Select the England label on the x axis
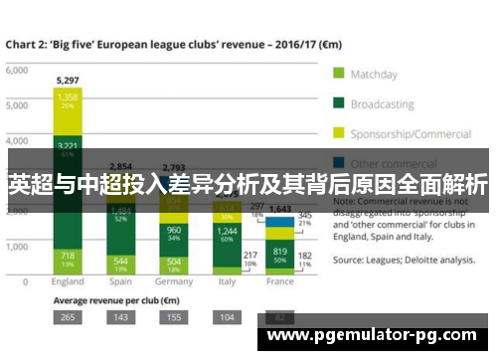pos(68,281)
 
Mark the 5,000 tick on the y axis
pos(16,107)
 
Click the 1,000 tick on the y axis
pos(16,245)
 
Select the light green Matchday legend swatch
pos(338,74)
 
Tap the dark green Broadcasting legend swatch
pos(338,101)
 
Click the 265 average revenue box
pos(68,316)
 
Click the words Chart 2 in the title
pos(28,45)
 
